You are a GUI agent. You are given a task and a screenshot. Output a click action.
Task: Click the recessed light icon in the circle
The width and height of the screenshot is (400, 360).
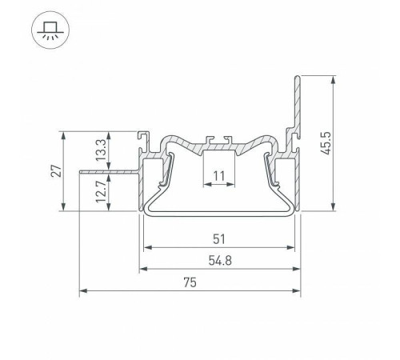[x=50, y=30]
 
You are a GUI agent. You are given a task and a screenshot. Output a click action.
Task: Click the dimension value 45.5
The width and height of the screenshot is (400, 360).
[x=326, y=143]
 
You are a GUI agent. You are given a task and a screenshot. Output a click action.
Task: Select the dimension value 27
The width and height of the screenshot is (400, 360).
[x=57, y=171]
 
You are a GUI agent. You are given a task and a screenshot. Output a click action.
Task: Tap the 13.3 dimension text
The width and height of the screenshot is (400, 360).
[x=101, y=150]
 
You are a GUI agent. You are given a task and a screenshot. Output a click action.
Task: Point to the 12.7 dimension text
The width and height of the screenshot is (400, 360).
[x=101, y=190]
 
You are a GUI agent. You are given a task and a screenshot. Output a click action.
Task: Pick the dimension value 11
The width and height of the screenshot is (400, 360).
[x=219, y=176]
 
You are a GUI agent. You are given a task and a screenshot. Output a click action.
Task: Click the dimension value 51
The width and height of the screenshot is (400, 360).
[x=219, y=239]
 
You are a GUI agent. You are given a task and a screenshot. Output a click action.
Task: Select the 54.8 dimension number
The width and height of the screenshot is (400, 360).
[x=220, y=260]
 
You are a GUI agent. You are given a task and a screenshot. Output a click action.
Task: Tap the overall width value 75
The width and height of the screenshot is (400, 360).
[x=190, y=282]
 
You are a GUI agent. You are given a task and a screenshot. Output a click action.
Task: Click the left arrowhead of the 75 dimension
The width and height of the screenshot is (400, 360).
[x=83, y=290]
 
